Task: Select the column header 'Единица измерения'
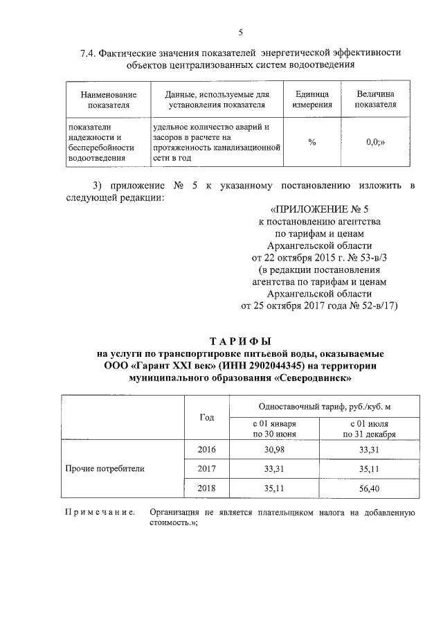tap(311, 99)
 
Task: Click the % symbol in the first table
tap(311, 142)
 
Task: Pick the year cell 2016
tap(207, 450)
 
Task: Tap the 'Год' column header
tap(207, 418)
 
